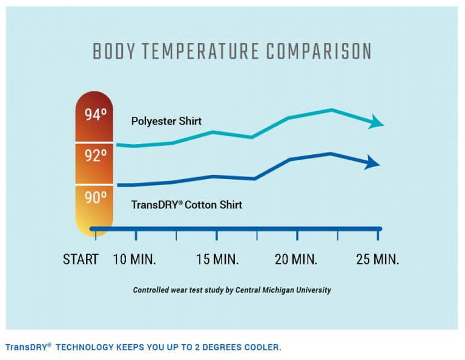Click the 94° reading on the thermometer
click(x=96, y=115)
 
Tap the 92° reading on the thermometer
click(x=96, y=156)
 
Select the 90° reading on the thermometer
click(x=96, y=197)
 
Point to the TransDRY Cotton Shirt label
click(x=186, y=205)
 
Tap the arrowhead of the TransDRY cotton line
click(x=372, y=162)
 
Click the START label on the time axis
click(x=81, y=260)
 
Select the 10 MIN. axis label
click(x=136, y=260)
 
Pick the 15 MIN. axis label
click(x=217, y=260)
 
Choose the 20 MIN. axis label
click(x=297, y=260)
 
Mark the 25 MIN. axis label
click(x=378, y=260)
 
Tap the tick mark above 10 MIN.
click(x=136, y=235)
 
